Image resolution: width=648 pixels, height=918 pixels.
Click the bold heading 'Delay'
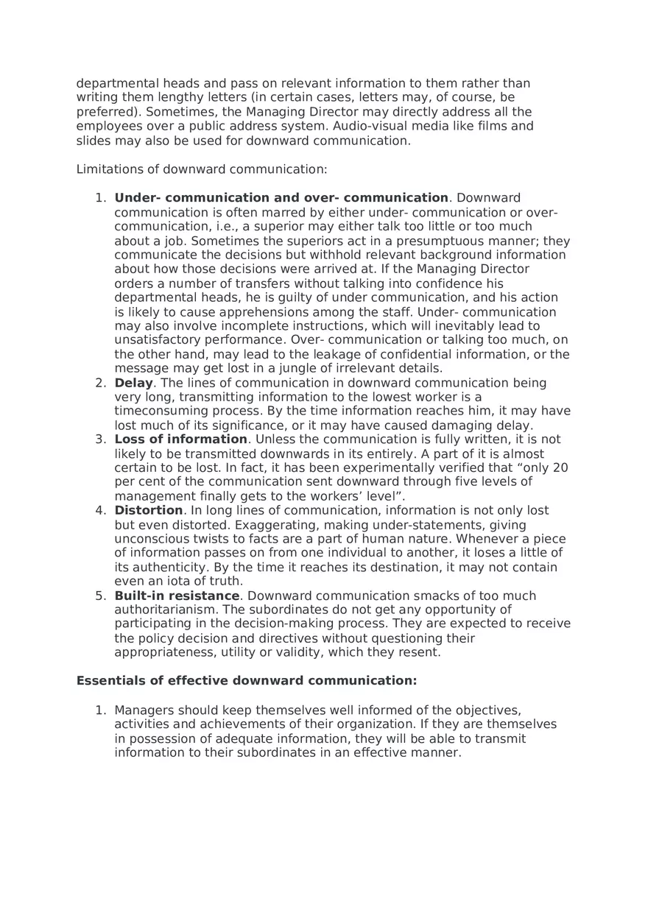coord(133,383)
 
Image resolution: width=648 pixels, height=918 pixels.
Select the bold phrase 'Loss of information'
coord(180,439)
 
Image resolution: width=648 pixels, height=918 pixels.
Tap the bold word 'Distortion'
coord(148,510)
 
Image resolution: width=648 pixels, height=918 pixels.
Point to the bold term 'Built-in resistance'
coord(177,596)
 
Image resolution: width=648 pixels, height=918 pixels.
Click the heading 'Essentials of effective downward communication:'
coord(247,681)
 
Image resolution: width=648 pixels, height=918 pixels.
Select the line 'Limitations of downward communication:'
coord(202,169)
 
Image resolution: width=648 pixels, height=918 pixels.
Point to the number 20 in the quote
coord(560,467)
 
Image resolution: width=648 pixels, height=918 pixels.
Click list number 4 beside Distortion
coord(100,510)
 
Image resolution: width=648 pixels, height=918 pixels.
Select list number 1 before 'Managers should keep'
coord(100,710)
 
